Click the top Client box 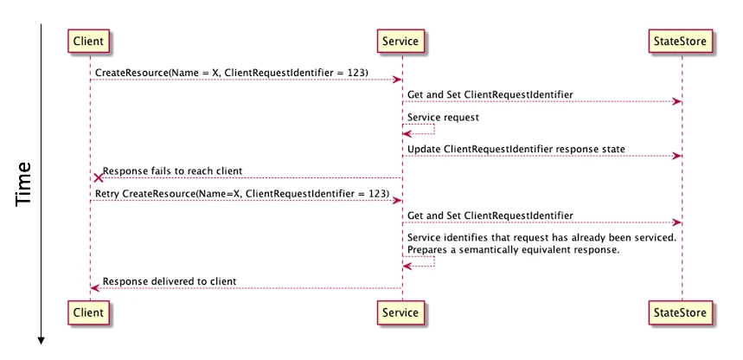[88, 41]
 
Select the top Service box [400, 41]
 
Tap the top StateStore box [680, 41]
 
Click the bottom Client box [88, 312]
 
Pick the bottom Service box [400, 312]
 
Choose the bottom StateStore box [680, 312]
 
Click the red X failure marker [98, 178]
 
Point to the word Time [23, 184]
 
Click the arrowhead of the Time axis [42, 340]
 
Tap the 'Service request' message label [443, 117]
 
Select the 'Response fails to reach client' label [172, 170]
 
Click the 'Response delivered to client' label [170, 281]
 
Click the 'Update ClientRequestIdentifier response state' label [516, 149]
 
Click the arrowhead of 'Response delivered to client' [94, 288]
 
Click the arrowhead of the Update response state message [677, 156]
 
